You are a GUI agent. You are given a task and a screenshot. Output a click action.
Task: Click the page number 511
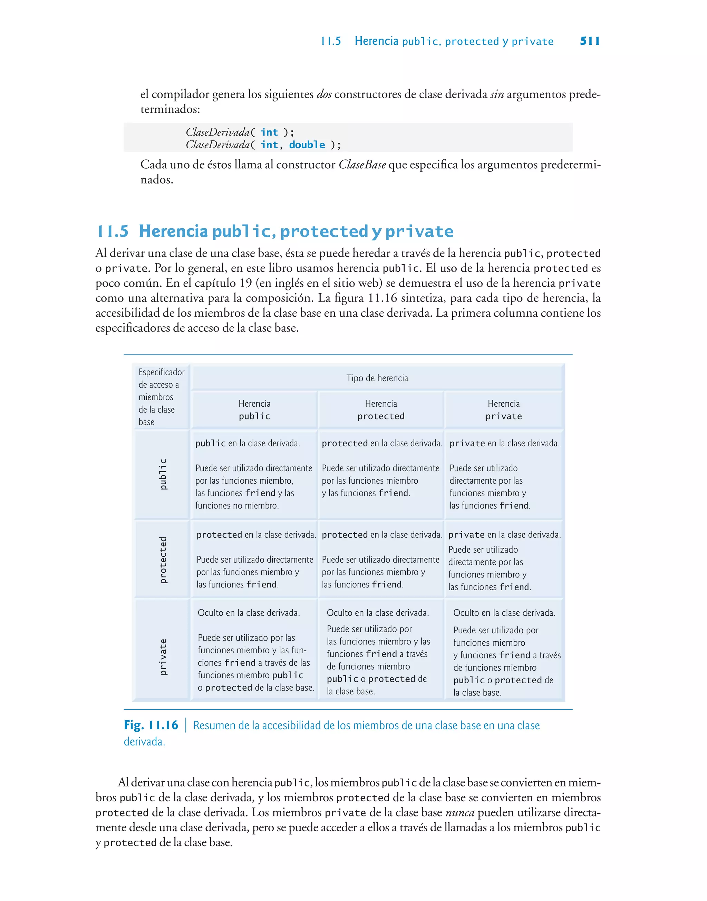[589, 41]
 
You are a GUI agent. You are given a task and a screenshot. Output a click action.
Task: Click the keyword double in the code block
[307, 145]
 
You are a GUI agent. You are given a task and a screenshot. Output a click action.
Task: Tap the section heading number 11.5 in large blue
[113, 231]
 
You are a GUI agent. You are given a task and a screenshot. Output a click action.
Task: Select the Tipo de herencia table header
[377, 378]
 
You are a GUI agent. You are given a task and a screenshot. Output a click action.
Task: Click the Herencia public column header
[254, 410]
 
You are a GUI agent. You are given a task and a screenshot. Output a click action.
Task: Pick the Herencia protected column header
[381, 410]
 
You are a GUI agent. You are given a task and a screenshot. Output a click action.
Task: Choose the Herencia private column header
[503, 410]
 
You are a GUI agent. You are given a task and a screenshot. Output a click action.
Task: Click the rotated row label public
[163, 474]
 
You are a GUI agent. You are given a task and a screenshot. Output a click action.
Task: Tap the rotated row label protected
[163, 560]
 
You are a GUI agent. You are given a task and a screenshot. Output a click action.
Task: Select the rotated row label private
[163, 657]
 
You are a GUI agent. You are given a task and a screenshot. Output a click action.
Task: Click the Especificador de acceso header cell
[161, 397]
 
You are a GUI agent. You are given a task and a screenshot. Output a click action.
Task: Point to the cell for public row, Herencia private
[504, 474]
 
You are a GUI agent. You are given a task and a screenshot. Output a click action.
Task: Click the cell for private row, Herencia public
[254, 650]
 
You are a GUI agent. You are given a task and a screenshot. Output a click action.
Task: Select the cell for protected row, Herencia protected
[381, 559]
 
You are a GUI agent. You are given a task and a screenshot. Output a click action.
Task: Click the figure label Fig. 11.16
[151, 725]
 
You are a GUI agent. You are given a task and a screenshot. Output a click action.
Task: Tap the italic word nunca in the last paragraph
[460, 812]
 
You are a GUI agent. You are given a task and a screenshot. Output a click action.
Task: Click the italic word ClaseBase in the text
[362, 165]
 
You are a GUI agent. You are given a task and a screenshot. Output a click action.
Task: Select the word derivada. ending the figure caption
[144, 742]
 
